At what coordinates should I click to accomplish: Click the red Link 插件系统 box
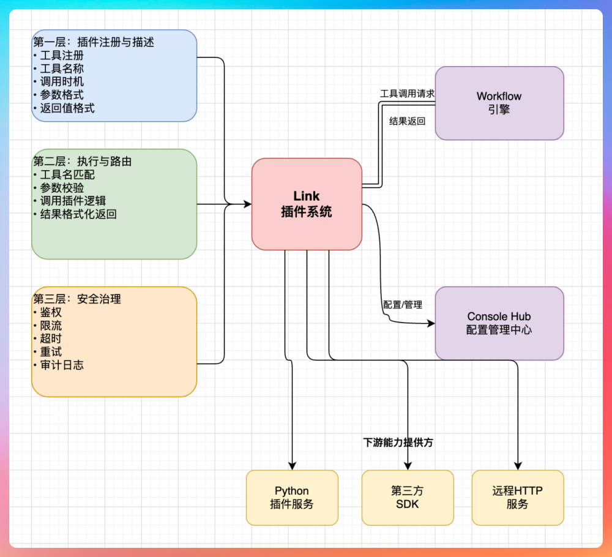307,204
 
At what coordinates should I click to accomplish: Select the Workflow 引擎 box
499,103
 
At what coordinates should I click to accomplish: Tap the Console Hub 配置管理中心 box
499,323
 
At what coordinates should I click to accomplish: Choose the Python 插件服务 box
292,498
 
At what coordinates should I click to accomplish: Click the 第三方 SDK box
408,498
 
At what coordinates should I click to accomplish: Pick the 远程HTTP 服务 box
518,498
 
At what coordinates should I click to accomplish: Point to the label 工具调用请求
407,94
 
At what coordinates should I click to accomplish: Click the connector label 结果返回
407,121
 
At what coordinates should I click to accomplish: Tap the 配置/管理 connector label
402,304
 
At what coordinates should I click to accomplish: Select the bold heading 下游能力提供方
398,442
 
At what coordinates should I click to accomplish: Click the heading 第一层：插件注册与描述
93,42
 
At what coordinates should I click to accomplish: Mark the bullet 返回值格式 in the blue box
67,108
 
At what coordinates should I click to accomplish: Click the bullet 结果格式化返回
78,214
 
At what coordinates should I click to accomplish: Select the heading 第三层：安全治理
77,299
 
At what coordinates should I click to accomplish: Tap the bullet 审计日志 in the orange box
61,365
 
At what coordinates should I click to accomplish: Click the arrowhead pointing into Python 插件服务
292,466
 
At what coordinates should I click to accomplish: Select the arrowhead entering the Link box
247,204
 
